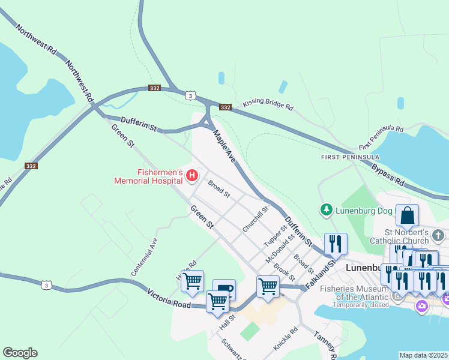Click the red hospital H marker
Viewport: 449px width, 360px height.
pyautogui.click(x=192, y=175)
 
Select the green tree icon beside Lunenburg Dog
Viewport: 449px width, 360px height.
pyautogui.click(x=326, y=210)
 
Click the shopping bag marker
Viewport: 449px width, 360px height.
pyautogui.click(x=407, y=216)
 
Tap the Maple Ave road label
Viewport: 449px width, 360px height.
pyautogui.click(x=223, y=147)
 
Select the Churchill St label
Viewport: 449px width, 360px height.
pyautogui.click(x=255, y=220)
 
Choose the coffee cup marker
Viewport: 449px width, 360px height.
pyautogui.click(x=224, y=290)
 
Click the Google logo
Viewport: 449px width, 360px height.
pyautogui.click(x=20, y=353)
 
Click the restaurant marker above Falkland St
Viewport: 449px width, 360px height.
pyautogui.click(x=336, y=244)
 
